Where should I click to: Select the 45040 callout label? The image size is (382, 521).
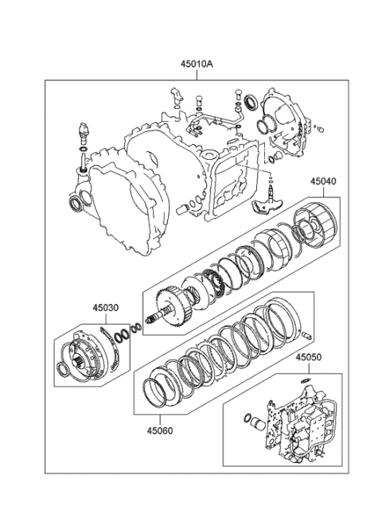323,181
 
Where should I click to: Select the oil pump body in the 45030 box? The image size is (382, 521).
89,353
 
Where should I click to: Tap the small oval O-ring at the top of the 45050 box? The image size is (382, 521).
304,382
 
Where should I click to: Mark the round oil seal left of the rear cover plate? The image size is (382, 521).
252,101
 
